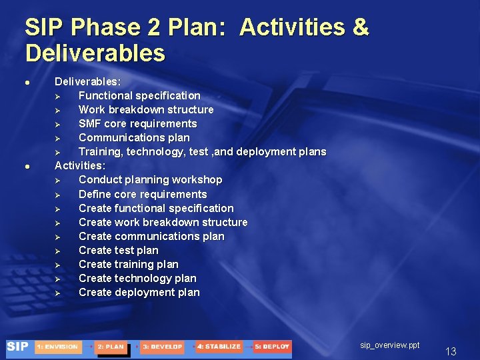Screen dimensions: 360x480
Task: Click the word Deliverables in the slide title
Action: (x=95, y=53)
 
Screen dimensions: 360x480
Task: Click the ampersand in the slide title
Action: (x=360, y=27)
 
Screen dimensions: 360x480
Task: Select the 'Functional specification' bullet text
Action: (x=139, y=95)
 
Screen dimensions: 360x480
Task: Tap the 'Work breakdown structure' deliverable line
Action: (x=145, y=109)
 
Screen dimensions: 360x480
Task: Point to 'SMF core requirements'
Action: (x=137, y=123)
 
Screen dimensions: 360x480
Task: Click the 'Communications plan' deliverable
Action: (x=133, y=137)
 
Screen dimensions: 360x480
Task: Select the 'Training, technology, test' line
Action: (x=202, y=151)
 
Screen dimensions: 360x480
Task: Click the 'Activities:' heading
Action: (x=79, y=165)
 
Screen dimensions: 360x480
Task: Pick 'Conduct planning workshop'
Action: (x=150, y=179)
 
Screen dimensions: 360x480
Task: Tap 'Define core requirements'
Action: (x=143, y=194)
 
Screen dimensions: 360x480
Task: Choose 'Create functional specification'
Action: (x=156, y=208)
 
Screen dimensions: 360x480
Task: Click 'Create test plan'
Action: (x=118, y=250)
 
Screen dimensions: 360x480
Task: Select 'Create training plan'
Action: (x=128, y=264)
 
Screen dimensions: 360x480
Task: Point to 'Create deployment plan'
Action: (x=139, y=292)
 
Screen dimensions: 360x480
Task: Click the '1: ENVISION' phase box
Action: (x=59, y=347)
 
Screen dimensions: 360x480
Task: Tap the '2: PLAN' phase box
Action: (x=111, y=347)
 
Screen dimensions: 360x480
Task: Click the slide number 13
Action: (x=451, y=351)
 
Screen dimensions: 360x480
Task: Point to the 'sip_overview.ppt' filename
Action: (x=390, y=345)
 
